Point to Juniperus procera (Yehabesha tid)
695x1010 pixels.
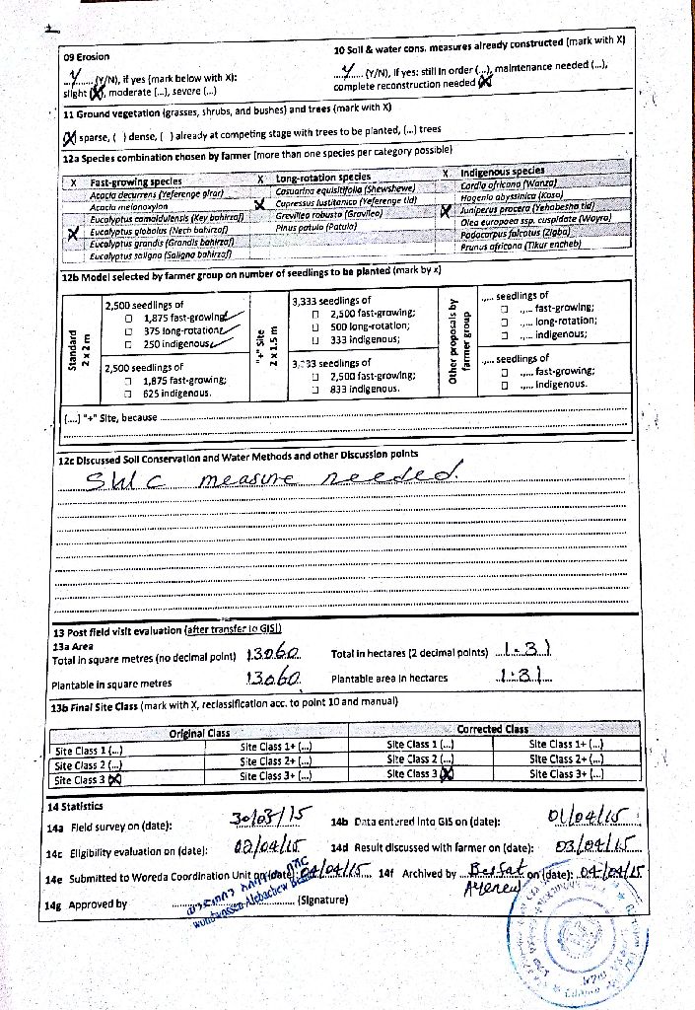pyautogui.click(x=532, y=209)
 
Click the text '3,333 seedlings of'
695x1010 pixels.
pyautogui.click(x=332, y=301)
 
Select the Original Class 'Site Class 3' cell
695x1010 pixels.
pyautogui.click(x=90, y=779)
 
